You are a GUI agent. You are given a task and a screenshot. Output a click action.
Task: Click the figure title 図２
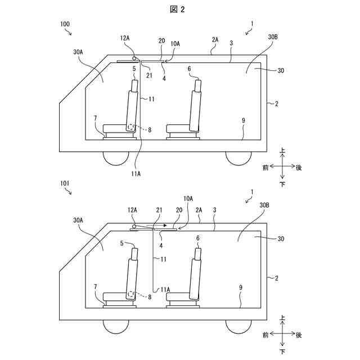(179, 9)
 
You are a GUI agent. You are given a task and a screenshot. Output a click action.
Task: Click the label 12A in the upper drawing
(125, 38)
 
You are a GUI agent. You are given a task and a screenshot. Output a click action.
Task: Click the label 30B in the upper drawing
(273, 37)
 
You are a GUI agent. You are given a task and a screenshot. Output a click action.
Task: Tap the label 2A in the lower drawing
(199, 209)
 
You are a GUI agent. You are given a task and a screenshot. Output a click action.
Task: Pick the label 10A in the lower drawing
(188, 198)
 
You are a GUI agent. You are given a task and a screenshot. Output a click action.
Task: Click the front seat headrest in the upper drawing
(135, 85)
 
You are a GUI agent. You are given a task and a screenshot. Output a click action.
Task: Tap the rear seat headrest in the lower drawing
(198, 253)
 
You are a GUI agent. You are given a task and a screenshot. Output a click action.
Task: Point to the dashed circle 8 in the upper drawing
(132, 127)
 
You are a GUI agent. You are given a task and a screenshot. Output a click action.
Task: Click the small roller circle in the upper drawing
(134, 58)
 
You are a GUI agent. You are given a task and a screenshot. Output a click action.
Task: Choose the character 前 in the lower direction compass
(264, 335)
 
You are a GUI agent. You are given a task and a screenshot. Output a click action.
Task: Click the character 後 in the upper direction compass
(299, 167)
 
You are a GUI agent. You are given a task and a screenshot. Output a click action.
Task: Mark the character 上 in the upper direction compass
(282, 151)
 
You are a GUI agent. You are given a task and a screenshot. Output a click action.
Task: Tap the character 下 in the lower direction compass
(282, 351)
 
